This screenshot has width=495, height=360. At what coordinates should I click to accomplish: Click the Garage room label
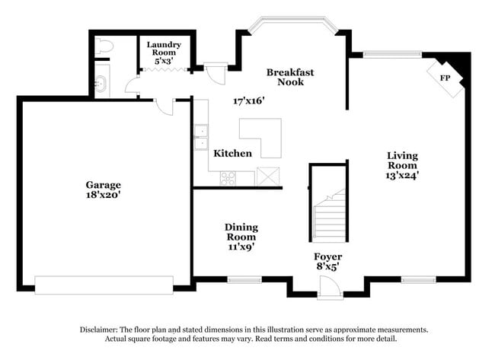(x=102, y=184)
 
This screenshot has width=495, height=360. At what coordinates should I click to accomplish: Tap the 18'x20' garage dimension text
(x=102, y=195)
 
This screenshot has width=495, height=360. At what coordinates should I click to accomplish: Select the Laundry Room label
(x=164, y=49)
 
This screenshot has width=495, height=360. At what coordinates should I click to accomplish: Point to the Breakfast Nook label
(x=290, y=77)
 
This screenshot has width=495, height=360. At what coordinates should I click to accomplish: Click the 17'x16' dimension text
(x=248, y=100)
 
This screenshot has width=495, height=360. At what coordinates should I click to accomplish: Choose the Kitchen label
(x=232, y=153)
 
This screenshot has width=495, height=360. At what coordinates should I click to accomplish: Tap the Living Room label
(x=402, y=161)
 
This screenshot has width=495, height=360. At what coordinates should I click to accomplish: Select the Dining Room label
(x=241, y=231)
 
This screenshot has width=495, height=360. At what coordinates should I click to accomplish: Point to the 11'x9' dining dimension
(x=240, y=246)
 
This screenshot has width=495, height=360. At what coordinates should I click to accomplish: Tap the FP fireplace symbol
(x=444, y=78)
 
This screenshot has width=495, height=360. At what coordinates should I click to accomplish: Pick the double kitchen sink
(x=202, y=138)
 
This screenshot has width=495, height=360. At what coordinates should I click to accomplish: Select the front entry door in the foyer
(x=328, y=287)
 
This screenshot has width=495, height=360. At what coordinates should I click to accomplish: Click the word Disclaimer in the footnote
(x=101, y=330)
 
